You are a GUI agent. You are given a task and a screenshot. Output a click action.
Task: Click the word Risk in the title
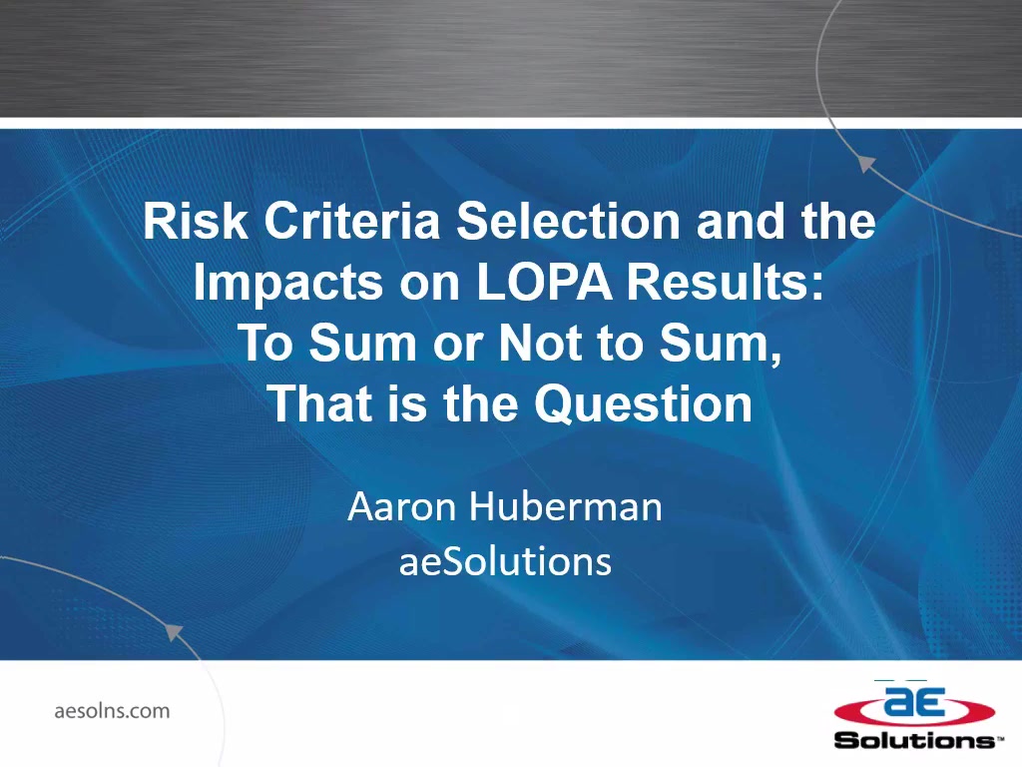click(195, 221)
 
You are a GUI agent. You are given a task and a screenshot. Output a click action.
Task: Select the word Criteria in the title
click(352, 221)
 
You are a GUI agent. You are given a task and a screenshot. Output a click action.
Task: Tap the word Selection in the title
click(568, 221)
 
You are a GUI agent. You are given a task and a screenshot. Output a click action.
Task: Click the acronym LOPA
click(545, 282)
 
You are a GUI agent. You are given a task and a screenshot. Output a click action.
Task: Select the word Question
click(644, 404)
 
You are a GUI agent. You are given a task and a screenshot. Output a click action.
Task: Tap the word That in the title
click(319, 403)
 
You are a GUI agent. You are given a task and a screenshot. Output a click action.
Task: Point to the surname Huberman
click(566, 506)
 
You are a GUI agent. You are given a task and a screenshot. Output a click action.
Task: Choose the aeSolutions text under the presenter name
click(506, 561)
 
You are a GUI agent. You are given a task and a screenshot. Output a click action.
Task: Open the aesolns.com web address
click(112, 710)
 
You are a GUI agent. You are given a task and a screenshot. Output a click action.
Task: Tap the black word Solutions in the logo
click(916, 740)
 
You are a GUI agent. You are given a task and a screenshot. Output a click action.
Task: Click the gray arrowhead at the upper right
click(865, 163)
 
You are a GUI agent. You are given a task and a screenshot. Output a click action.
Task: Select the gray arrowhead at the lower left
click(174, 632)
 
